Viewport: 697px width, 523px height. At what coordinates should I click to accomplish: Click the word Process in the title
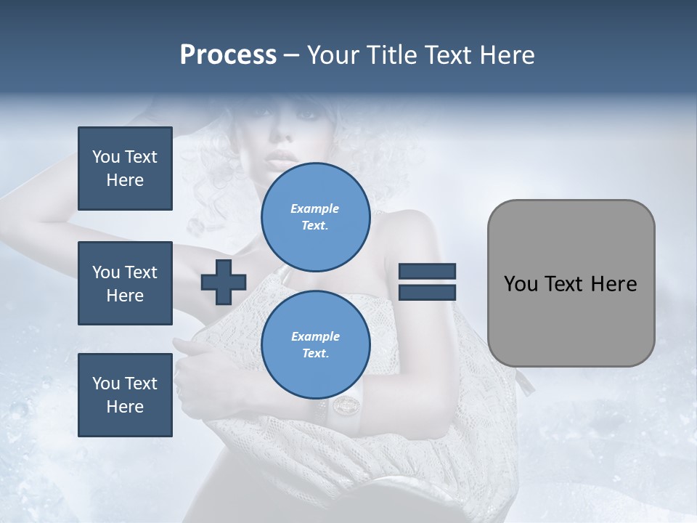pyautogui.click(x=228, y=55)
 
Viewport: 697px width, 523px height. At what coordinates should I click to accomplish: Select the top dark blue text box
pyautogui.click(x=125, y=169)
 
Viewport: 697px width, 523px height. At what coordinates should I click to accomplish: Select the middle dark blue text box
pyautogui.click(x=125, y=283)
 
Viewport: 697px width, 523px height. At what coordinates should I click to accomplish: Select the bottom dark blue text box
pyautogui.click(x=125, y=395)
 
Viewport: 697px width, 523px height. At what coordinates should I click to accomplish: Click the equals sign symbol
pyautogui.click(x=428, y=283)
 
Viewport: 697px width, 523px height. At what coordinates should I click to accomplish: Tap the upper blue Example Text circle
pyautogui.click(x=315, y=217)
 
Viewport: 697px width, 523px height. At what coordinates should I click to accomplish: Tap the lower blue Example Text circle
pyautogui.click(x=315, y=345)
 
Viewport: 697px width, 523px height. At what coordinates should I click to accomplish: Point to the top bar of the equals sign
pyautogui.click(x=428, y=272)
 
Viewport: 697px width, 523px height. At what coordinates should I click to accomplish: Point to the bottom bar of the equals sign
pyautogui.click(x=428, y=293)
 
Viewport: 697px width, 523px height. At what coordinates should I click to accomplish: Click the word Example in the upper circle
pyautogui.click(x=315, y=209)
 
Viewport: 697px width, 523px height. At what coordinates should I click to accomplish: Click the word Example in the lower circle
pyautogui.click(x=315, y=337)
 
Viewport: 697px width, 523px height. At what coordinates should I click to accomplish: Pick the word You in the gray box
pyautogui.click(x=521, y=284)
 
